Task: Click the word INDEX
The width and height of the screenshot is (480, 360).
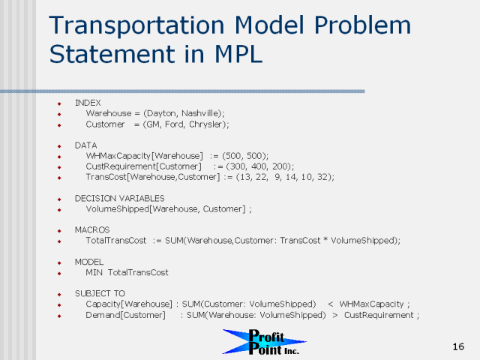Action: click(88, 103)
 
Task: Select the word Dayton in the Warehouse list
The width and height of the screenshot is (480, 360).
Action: click(162, 113)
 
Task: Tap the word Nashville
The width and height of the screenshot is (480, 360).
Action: click(200, 113)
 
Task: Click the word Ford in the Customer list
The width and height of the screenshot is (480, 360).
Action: click(174, 124)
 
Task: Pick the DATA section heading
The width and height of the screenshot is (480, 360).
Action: click(85, 145)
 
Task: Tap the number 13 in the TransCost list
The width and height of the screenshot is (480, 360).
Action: click(245, 177)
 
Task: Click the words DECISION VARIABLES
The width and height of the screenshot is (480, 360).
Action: click(120, 198)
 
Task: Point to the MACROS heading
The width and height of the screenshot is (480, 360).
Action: click(92, 230)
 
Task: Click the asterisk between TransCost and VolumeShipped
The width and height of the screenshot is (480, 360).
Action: click(325, 239)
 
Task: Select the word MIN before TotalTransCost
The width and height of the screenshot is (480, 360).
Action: click(94, 272)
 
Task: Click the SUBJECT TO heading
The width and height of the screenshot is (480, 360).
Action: click(100, 293)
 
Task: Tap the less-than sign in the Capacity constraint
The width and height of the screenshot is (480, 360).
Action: click(330, 304)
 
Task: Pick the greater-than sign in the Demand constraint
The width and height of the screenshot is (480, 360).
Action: click(335, 315)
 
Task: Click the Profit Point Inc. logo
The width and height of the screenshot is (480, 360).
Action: click(264, 342)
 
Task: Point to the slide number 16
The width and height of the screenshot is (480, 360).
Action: click(458, 346)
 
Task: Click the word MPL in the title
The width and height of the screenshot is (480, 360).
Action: click(238, 54)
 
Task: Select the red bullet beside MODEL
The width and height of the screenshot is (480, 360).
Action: click(59, 263)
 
